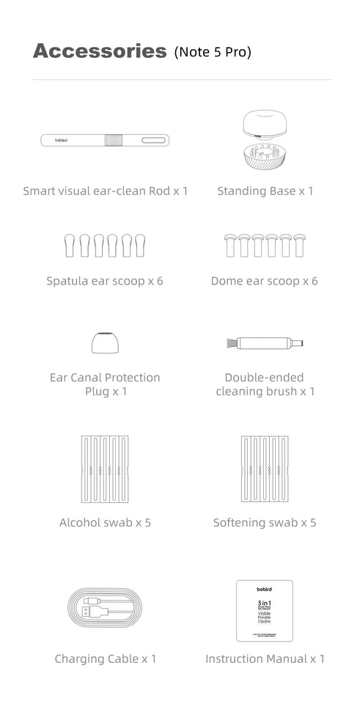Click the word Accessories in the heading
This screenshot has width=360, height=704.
100,51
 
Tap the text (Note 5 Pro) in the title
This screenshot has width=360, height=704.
213,52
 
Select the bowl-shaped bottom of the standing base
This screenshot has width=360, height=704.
265,155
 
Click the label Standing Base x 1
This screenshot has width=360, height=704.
265,191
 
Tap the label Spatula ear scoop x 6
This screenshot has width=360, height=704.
105,281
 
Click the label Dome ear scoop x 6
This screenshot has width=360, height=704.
264,281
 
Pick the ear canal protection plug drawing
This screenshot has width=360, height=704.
104,342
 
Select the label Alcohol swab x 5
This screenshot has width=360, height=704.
105,523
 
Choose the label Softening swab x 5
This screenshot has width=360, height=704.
265,523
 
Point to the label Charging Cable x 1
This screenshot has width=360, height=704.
105,659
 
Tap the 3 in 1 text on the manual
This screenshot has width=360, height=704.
265,601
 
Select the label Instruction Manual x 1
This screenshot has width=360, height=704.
265,659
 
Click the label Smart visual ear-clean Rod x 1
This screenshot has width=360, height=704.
105,191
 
